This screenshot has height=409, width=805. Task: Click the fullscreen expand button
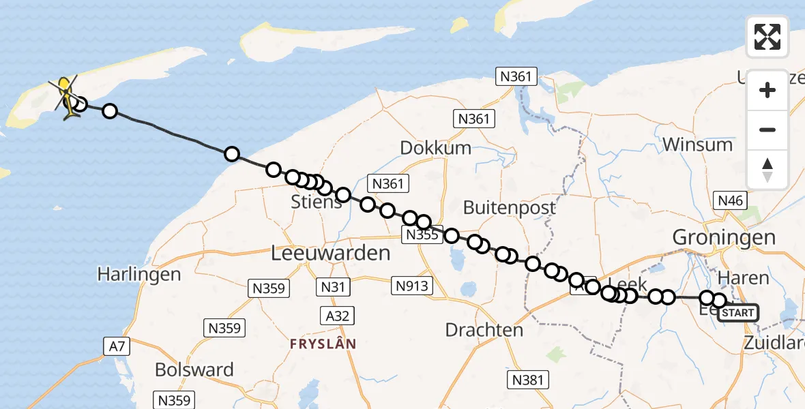(x=767, y=37)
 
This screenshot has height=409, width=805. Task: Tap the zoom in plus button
(x=767, y=90)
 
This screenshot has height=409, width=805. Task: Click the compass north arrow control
(x=767, y=170)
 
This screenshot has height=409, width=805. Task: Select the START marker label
(x=737, y=313)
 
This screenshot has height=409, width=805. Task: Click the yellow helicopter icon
(x=65, y=95)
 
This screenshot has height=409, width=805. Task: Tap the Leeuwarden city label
(x=331, y=254)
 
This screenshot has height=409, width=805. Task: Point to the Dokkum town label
(x=436, y=148)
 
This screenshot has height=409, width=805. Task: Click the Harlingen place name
(x=139, y=275)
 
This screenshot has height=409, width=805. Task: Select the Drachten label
(x=484, y=330)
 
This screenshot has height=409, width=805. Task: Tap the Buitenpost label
(x=510, y=207)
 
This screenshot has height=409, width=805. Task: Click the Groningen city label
(x=724, y=237)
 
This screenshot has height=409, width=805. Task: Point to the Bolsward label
(x=194, y=370)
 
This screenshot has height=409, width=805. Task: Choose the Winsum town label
(x=697, y=145)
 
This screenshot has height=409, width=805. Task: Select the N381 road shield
(x=527, y=380)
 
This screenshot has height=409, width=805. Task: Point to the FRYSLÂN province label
(x=323, y=344)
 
